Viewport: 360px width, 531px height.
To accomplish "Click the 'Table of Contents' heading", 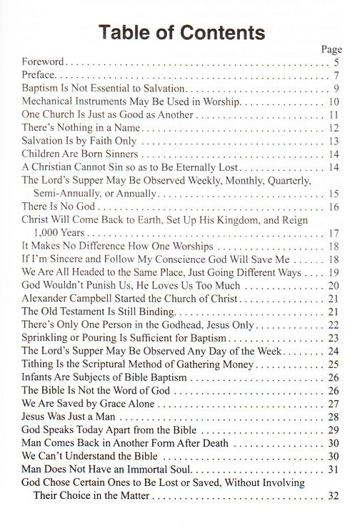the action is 179,33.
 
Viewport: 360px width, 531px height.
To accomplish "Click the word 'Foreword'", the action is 44,63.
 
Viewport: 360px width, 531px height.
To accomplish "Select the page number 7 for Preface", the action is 335,76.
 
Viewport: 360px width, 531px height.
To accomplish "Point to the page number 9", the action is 335,89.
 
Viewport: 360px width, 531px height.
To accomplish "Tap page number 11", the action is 333,116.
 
